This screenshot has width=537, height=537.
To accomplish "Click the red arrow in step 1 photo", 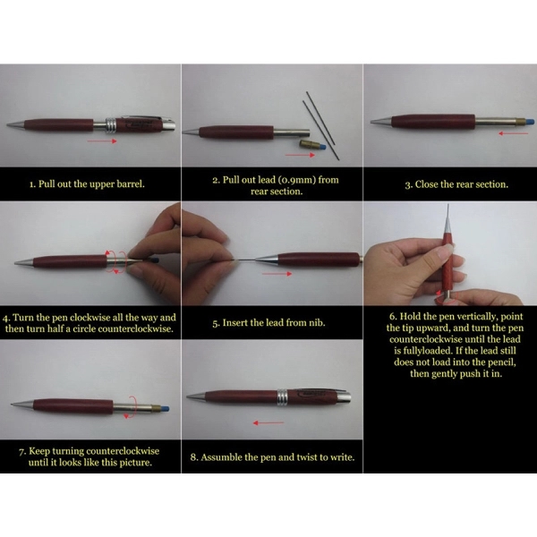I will pyautogui.click(x=102, y=141).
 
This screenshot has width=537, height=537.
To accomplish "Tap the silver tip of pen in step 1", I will pyautogui.click(x=16, y=125).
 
